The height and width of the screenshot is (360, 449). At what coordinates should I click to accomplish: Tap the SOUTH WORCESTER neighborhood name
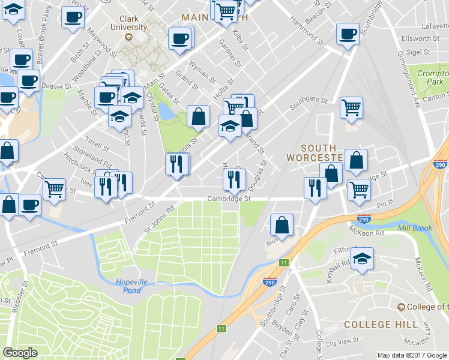coord(322,152)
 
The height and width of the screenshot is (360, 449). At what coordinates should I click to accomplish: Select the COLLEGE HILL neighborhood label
coord(381,325)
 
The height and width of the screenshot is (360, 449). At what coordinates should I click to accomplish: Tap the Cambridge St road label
coord(228,199)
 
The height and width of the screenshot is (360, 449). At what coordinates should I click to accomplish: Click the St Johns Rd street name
coord(158,221)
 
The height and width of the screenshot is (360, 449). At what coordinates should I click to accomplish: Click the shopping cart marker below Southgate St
coord(351,108)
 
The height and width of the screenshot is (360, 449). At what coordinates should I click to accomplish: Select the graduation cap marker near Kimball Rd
coord(362,259)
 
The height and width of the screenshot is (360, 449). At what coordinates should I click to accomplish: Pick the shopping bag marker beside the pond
coord(198,116)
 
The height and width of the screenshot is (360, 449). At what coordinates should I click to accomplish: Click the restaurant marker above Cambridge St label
coord(233,179)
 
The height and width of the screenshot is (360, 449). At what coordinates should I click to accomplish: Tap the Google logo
coord(20,352)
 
